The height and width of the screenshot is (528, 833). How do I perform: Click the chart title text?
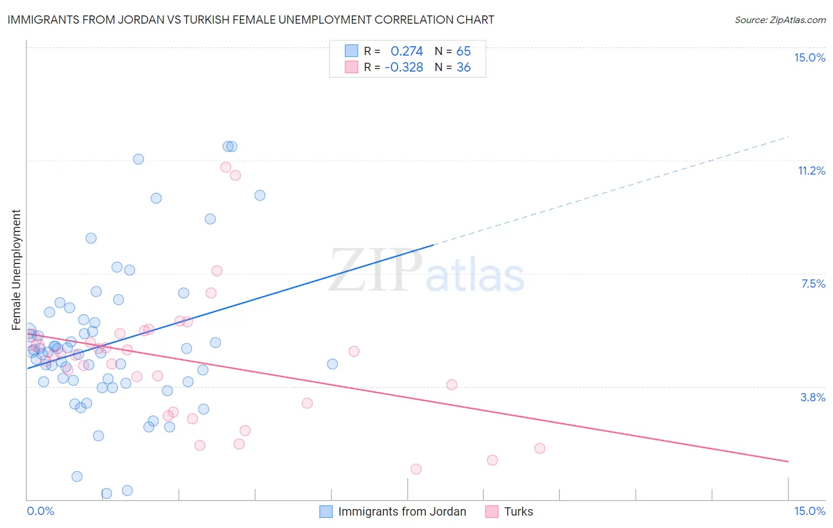tap(251, 20)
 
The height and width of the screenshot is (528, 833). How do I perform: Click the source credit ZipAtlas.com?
tap(780, 20)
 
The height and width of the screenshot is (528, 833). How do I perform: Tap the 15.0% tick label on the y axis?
tap(809, 57)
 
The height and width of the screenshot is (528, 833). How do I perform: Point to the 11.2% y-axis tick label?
tap(811, 170)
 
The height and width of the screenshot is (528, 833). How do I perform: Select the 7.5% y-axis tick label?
tap(813, 284)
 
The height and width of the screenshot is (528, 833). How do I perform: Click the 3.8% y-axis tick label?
tap(813, 397)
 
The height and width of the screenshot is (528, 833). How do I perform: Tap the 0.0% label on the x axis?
tap(40, 511)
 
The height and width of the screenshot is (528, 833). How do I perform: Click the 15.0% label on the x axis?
tap(809, 511)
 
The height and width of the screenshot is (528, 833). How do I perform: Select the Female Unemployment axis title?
tap(16, 270)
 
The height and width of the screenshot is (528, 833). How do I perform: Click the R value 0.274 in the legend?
tap(406, 51)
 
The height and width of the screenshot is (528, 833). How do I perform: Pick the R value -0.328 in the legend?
tap(403, 67)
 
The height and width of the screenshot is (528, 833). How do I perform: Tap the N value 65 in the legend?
tap(463, 51)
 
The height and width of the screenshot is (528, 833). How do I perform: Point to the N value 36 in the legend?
tap(463, 67)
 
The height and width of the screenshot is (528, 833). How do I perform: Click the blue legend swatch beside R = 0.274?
tap(351, 51)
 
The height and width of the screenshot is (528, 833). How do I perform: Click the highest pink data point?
tap(226, 167)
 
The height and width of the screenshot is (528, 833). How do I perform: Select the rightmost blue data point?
tap(332, 364)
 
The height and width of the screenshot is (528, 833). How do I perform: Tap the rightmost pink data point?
tap(540, 448)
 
